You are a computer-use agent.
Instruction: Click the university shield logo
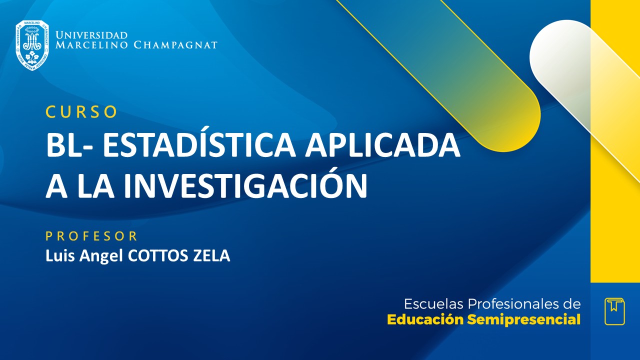[32, 45]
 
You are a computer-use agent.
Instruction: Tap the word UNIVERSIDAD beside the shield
[91, 35]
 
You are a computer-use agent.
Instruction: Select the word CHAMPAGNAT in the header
[175, 45]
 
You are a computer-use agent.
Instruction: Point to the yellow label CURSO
[81, 112]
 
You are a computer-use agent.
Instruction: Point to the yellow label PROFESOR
[91, 236]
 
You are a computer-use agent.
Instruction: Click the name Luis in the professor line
[56, 256]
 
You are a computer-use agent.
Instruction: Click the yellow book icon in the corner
[614, 311]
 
